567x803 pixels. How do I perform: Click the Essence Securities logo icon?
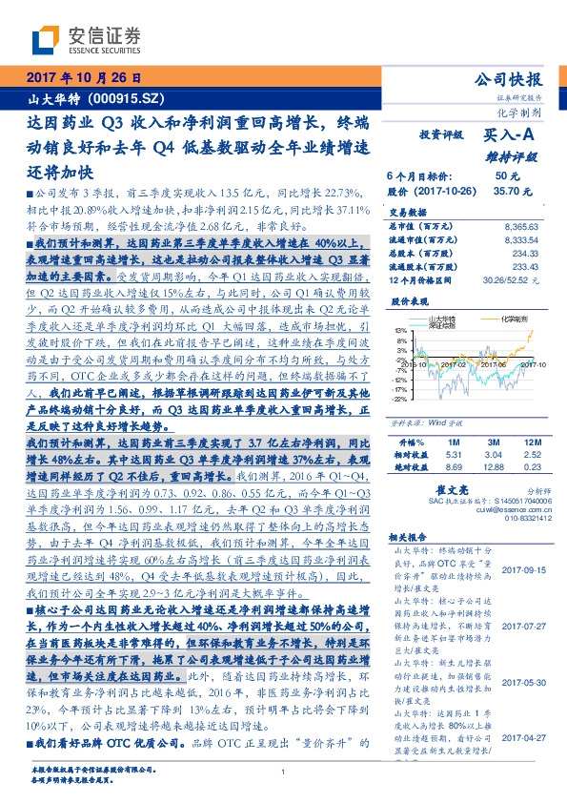tap(47, 39)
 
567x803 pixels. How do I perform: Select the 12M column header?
tap(534, 443)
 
